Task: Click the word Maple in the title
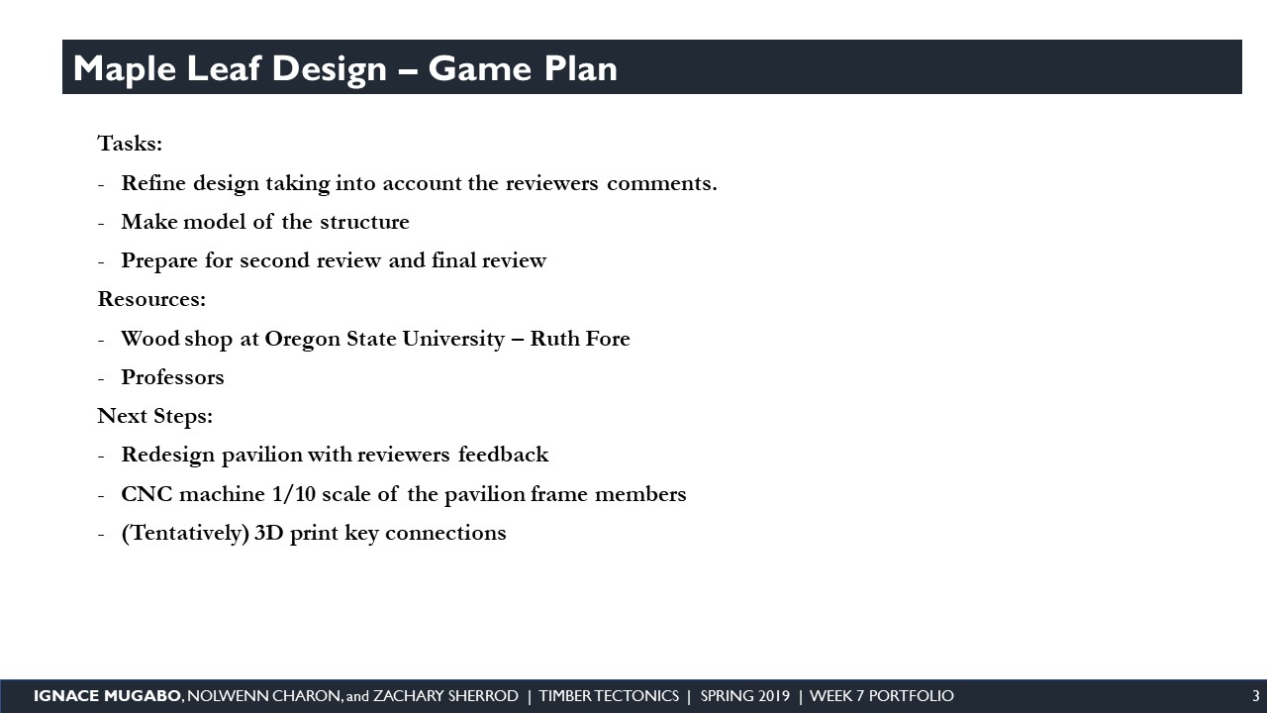[125, 69]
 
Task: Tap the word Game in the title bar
[480, 68]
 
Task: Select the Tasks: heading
[130, 144]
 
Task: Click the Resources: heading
[151, 299]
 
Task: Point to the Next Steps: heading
[155, 416]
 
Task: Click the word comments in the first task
[662, 183]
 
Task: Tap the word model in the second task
[215, 222]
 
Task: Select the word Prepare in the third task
[159, 261]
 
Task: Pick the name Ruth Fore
[580, 339]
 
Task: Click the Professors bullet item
[172, 377]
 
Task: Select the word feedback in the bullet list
[503, 455]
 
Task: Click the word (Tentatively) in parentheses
[185, 533]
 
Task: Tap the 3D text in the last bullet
[268, 533]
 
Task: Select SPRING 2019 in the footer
[745, 696]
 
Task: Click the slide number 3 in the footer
[1256, 696]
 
